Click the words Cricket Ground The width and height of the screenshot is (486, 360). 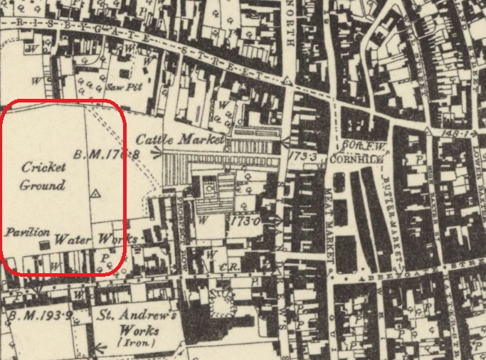43,176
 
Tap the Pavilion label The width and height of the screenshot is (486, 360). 27,232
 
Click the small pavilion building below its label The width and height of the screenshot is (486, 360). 43,244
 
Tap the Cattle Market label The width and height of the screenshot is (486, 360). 179,139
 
